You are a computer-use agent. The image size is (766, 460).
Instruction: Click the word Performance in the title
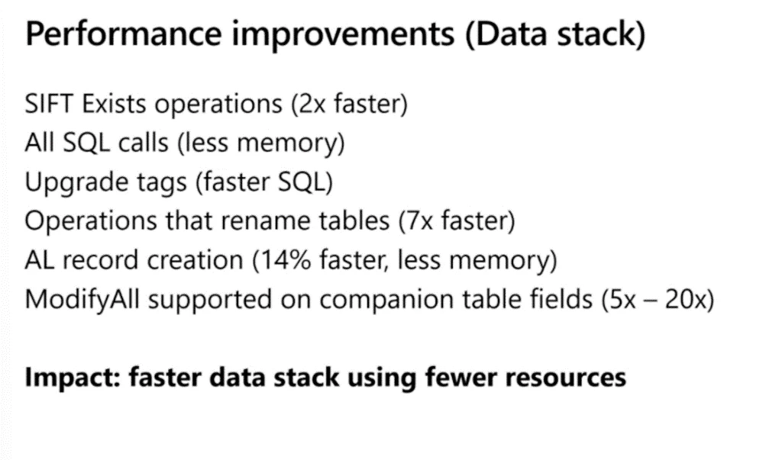pos(124,34)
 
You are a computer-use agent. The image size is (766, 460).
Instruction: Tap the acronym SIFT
pos(49,104)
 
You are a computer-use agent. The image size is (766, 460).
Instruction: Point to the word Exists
pos(114,104)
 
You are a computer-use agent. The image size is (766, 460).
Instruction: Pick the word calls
pos(143,143)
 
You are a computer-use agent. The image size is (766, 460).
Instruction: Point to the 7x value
pos(419,221)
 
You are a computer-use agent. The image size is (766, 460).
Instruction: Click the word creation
pos(195,260)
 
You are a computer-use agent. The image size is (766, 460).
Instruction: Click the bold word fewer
pos(461,377)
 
